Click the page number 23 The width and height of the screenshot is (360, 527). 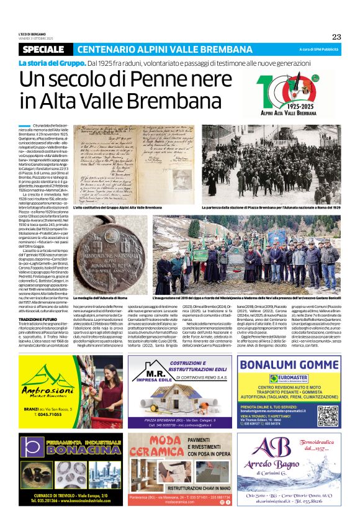click(x=336, y=37)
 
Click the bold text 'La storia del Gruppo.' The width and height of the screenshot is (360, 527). click(x=52, y=63)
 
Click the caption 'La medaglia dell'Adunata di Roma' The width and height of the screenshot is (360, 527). click(x=100, y=299)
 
